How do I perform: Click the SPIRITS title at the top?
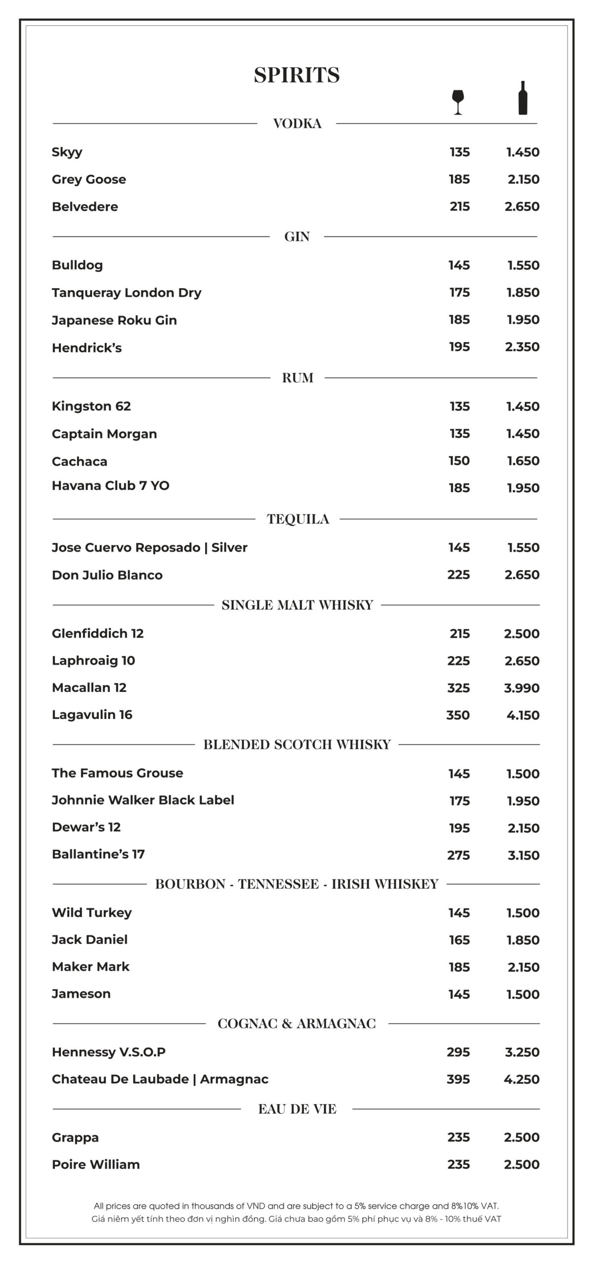[296, 75]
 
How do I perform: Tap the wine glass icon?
[458, 102]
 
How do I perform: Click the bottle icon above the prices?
[522, 98]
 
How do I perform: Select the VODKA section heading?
[297, 123]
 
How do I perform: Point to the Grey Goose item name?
[89, 179]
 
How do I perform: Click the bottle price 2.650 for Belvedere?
[522, 206]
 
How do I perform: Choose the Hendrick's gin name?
[86, 348]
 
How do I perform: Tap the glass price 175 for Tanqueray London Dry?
[459, 292]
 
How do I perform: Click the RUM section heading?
[297, 378]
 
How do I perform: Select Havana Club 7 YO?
[111, 486]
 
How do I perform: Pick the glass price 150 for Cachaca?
[459, 461]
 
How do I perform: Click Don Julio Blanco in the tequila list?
[107, 575]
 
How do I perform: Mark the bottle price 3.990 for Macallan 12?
[521, 688]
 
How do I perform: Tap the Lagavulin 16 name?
[92, 714]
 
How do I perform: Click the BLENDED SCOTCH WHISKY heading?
[297, 745]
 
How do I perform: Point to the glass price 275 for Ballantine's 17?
[458, 855]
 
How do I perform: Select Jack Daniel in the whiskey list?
[89, 939]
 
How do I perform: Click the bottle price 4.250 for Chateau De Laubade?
[521, 1079]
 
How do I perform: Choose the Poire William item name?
[96, 1164]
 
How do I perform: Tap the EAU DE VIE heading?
[297, 1109]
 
